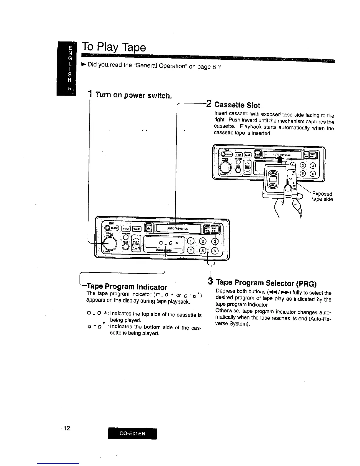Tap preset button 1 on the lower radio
click(191, 241)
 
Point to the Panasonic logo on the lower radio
click(164, 250)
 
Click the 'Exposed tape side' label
click(322, 197)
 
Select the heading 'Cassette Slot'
click(237, 105)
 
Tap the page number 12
click(66, 428)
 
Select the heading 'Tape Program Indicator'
click(127, 287)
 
